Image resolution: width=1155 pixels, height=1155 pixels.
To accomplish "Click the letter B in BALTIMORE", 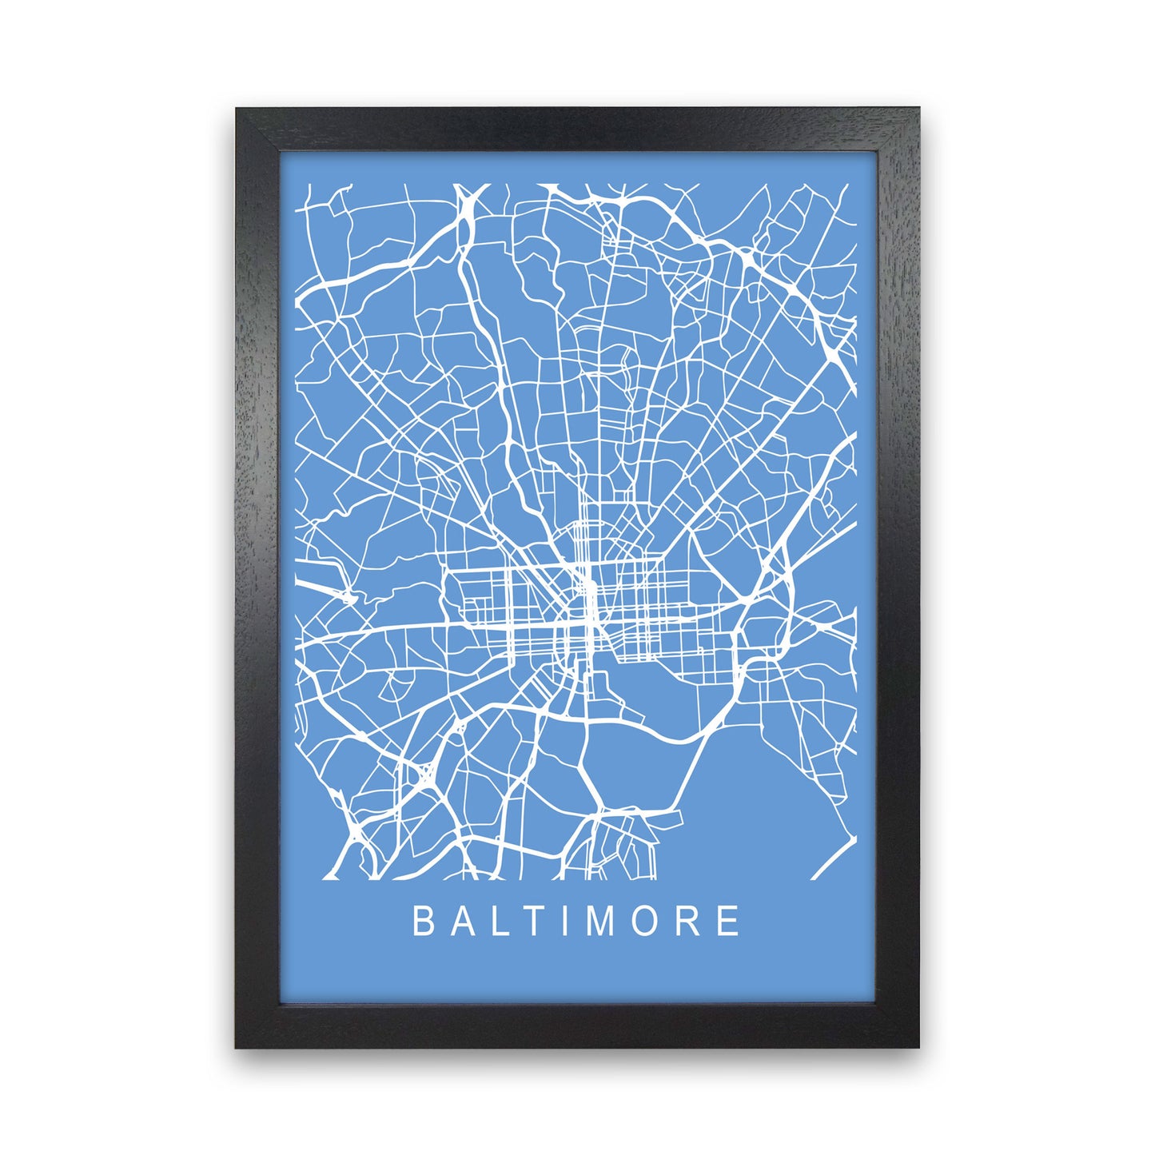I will tap(422, 921).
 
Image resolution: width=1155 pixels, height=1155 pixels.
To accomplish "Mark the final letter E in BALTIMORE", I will tap(728, 921).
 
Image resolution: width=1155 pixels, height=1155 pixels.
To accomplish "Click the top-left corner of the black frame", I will tap(237, 110).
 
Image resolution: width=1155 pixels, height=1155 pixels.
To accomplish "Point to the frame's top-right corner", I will tap(918, 110).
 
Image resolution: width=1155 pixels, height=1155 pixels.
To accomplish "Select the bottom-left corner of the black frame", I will tap(237, 1046).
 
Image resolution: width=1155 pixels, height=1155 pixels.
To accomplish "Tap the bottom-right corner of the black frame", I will tap(918, 1046).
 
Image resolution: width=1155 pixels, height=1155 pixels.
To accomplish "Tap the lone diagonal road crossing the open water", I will tap(836, 859).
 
